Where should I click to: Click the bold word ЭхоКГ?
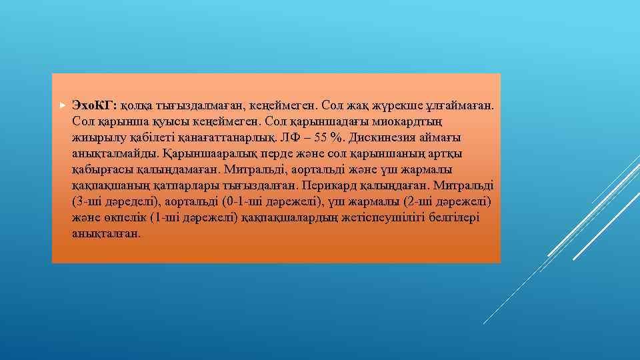(x=94, y=106)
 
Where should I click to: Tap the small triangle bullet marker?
(x=61, y=106)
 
